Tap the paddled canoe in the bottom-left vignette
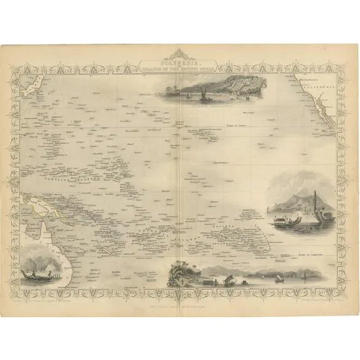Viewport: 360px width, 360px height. pos(32,273)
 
